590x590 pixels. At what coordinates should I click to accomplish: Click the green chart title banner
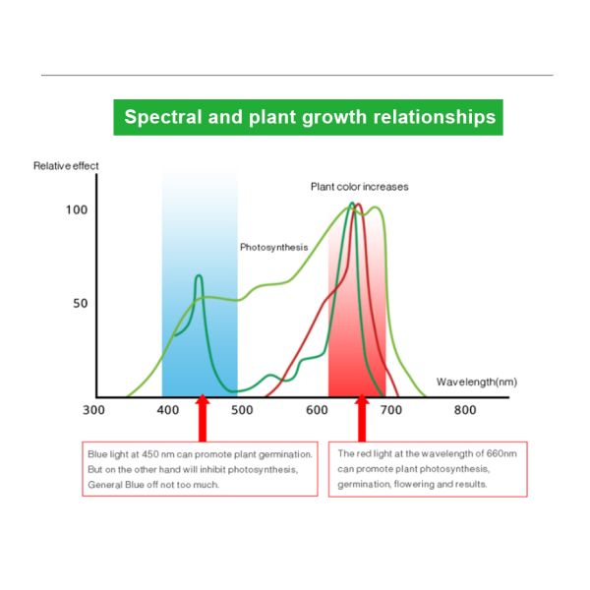tap(310, 118)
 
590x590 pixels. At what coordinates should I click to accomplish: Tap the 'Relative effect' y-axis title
tap(66, 166)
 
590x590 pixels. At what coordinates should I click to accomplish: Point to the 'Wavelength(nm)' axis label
tap(477, 382)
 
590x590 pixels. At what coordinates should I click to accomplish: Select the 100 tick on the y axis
tap(77, 209)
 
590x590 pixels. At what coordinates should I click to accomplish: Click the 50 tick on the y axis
tap(80, 303)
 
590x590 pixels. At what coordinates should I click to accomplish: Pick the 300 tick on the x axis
tap(94, 410)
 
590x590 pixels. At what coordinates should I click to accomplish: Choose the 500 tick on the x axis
tap(242, 410)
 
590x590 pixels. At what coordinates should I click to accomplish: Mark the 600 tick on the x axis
tap(316, 410)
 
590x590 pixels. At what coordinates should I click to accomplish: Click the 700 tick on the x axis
tap(390, 410)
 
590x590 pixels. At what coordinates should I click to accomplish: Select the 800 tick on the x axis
tap(464, 410)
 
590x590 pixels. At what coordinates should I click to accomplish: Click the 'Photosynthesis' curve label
tap(274, 248)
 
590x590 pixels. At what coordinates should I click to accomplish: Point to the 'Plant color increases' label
tap(359, 187)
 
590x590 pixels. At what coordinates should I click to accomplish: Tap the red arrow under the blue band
tap(203, 420)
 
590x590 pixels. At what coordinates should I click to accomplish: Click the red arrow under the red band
tap(362, 420)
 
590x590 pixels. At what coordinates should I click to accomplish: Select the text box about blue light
tap(200, 469)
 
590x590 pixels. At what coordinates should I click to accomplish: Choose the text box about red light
tap(428, 469)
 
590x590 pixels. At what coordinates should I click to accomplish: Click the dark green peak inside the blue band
tap(200, 276)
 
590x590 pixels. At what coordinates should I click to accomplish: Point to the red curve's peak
tap(358, 205)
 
